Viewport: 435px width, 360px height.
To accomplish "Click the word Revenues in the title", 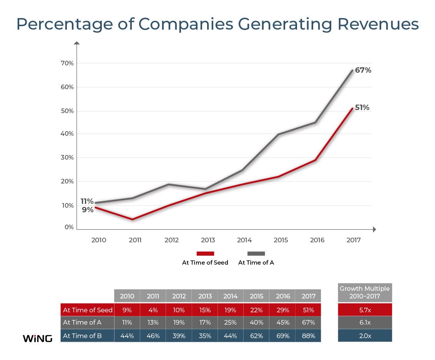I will click(378, 24).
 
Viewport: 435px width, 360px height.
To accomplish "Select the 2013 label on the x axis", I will click(208, 240).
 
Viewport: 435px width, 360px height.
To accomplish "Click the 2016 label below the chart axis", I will click(317, 240).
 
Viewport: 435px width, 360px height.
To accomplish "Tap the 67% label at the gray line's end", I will click(363, 70).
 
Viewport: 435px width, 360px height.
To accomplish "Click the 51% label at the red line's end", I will click(362, 108).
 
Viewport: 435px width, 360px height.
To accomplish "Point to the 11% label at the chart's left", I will click(87, 201).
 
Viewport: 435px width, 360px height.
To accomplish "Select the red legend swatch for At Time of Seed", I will click(205, 253).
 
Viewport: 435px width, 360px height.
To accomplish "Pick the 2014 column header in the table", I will click(231, 296).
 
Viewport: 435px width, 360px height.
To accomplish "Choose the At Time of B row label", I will click(82, 336).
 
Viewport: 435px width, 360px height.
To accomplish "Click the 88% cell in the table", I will click(309, 336).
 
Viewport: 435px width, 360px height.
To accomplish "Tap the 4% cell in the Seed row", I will click(153, 310).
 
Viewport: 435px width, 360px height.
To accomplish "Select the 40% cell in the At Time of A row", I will click(256, 323).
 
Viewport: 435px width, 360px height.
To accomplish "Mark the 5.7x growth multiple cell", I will click(365, 310).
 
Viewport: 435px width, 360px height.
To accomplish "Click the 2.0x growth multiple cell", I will click(365, 336).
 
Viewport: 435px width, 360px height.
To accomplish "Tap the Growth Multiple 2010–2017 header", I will click(365, 292).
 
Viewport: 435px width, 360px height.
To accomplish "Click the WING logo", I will click(37, 338).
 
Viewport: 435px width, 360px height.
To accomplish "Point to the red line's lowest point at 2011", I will click(133, 219).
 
